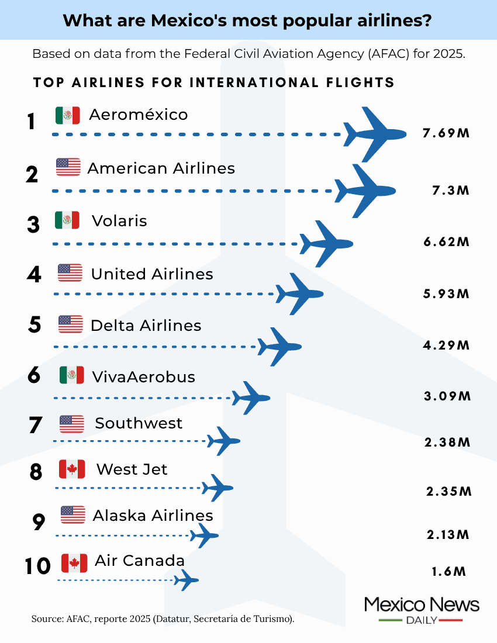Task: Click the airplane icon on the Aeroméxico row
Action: click(x=374, y=134)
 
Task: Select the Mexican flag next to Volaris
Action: click(x=67, y=220)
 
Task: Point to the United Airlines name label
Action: click(x=152, y=274)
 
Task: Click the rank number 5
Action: click(x=34, y=325)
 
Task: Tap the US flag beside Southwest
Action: click(x=72, y=424)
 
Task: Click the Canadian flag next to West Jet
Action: click(x=72, y=469)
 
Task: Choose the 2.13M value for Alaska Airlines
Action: click(x=448, y=534)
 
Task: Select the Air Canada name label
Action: click(x=140, y=561)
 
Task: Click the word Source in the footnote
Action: click(x=44, y=618)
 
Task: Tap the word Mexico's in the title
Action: click(x=186, y=20)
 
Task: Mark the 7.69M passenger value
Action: click(x=446, y=133)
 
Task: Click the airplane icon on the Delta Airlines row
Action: click(x=280, y=347)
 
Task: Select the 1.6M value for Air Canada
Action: click(x=448, y=571)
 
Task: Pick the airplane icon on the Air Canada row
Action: click(x=187, y=580)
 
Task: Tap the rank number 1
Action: click(x=32, y=122)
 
